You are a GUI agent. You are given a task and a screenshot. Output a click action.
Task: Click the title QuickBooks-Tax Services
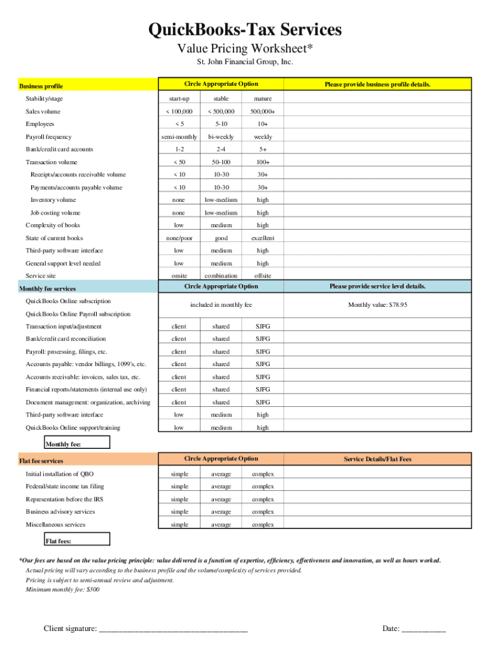245,29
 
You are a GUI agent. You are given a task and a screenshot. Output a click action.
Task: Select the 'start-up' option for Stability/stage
179,99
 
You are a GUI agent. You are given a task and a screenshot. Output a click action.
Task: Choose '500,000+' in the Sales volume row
263,111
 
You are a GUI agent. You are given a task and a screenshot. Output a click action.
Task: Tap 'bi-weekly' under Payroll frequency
221,137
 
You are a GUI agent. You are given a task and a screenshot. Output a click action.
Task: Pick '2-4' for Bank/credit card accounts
221,149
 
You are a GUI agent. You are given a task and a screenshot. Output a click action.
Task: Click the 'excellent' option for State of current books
263,237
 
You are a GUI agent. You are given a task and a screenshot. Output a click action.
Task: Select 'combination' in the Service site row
221,276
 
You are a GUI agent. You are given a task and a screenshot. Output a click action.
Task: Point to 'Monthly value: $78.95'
377,305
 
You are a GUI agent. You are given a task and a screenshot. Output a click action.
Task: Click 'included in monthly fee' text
221,305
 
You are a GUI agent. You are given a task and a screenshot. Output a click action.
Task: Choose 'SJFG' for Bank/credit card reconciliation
263,339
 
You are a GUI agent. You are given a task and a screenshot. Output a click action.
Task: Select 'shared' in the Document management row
221,402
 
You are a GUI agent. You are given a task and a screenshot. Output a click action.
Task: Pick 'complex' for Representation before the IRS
263,499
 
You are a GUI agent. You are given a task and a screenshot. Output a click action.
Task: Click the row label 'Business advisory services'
60,511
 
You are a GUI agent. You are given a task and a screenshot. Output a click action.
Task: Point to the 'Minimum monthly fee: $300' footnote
62,590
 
